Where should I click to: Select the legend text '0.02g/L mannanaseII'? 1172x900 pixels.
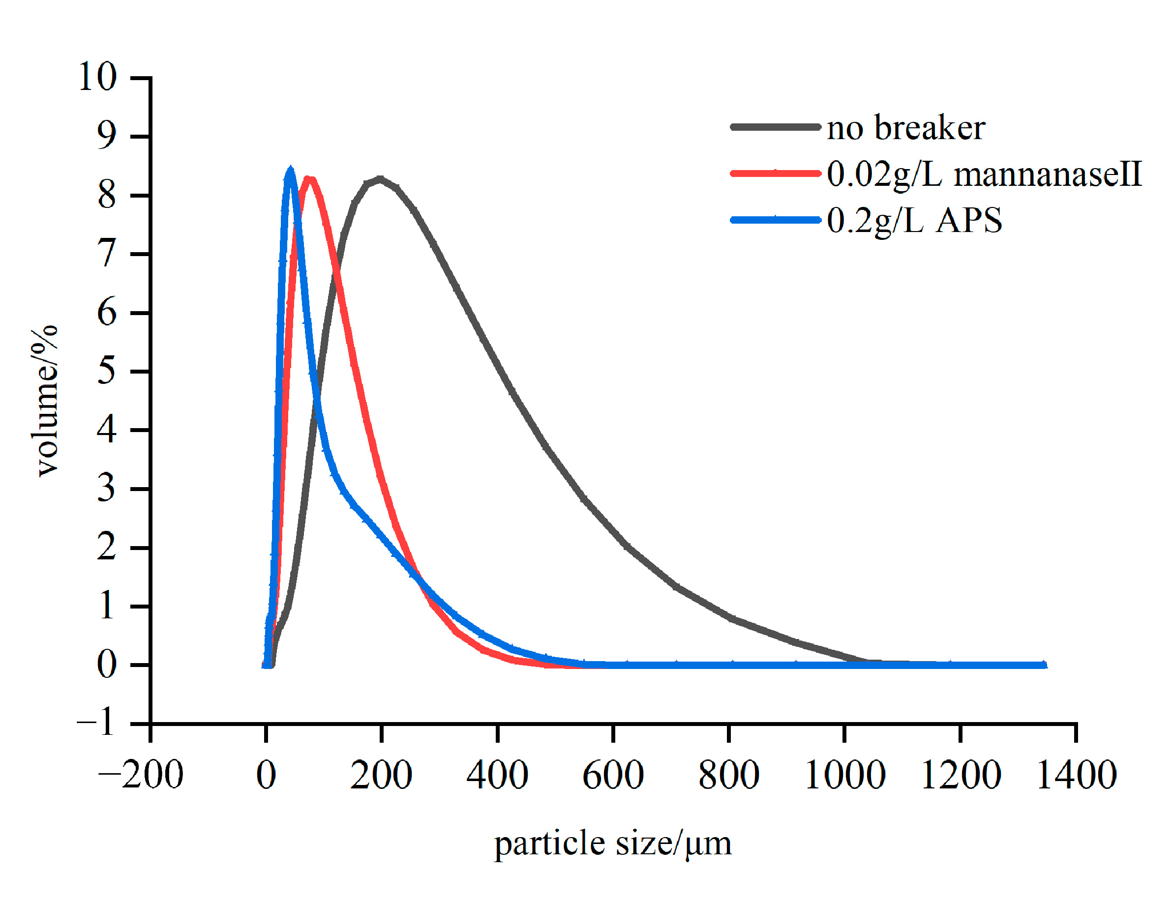[983, 174]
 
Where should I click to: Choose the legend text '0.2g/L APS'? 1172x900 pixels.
[913, 220]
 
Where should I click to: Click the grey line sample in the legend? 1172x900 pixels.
[775, 127]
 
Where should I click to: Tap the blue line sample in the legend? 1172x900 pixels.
[775, 220]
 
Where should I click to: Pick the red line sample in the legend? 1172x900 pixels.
[775, 173]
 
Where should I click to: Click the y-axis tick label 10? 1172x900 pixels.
[97, 77]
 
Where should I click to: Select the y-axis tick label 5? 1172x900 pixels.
[106, 371]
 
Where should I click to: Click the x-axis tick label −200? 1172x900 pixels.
[140, 775]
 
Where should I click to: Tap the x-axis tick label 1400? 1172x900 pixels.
[1076, 775]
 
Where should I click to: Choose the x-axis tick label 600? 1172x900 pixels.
[612, 775]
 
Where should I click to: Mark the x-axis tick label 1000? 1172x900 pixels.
[844, 775]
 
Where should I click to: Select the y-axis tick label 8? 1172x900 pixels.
[106, 195]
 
